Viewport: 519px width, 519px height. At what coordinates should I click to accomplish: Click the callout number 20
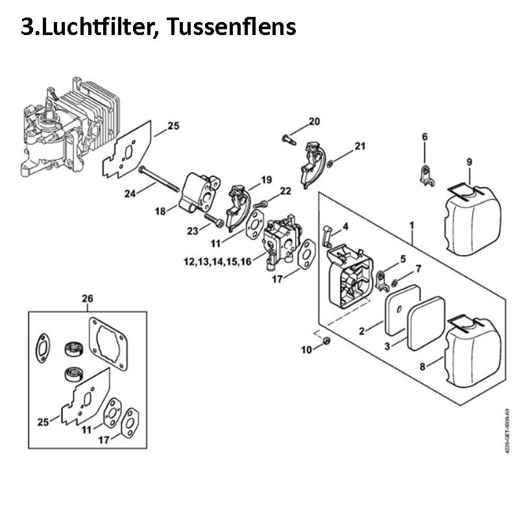(314, 121)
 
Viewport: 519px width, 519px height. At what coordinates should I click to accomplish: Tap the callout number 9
(469, 162)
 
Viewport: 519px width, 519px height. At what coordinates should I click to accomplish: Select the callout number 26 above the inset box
(88, 299)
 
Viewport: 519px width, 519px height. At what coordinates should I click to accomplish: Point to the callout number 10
(306, 350)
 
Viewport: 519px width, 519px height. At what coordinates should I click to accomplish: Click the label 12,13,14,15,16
(217, 261)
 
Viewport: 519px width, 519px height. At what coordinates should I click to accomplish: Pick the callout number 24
(129, 193)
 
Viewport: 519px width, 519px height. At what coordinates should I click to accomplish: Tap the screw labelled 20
(289, 138)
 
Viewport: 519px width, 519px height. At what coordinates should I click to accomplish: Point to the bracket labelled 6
(425, 175)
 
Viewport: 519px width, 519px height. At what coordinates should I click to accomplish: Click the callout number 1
(412, 224)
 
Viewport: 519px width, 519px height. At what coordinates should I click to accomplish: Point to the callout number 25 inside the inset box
(43, 422)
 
